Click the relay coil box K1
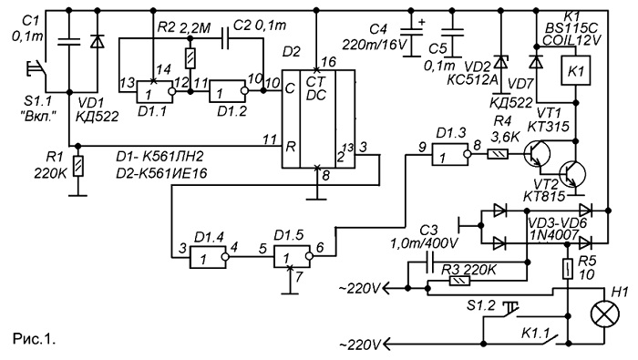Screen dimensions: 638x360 [x=576, y=70]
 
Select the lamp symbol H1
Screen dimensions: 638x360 [x=604, y=314]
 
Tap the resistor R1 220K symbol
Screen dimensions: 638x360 [x=77, y=166]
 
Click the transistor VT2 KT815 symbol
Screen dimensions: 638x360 [x=572, y=174]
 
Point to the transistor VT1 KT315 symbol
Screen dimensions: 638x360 [x=537, y=154]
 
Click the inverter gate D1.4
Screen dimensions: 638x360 [x=210, y=257]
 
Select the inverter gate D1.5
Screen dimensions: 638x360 [x=293, y=257]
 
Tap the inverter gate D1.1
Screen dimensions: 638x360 [x=156, y=91]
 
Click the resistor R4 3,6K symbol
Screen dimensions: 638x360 [x=498, y=154]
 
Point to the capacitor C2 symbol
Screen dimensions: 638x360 [x=225, y=38]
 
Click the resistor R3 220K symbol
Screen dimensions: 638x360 [x=459, y=281]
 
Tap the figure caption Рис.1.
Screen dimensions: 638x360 [x=35, y=339]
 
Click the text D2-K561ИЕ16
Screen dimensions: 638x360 [x=161, y=174]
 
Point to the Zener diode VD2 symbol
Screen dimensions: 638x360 [x=499, y=63]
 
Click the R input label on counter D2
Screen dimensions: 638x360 [x=290, y=146]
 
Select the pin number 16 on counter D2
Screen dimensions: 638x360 [x=329, y=62]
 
